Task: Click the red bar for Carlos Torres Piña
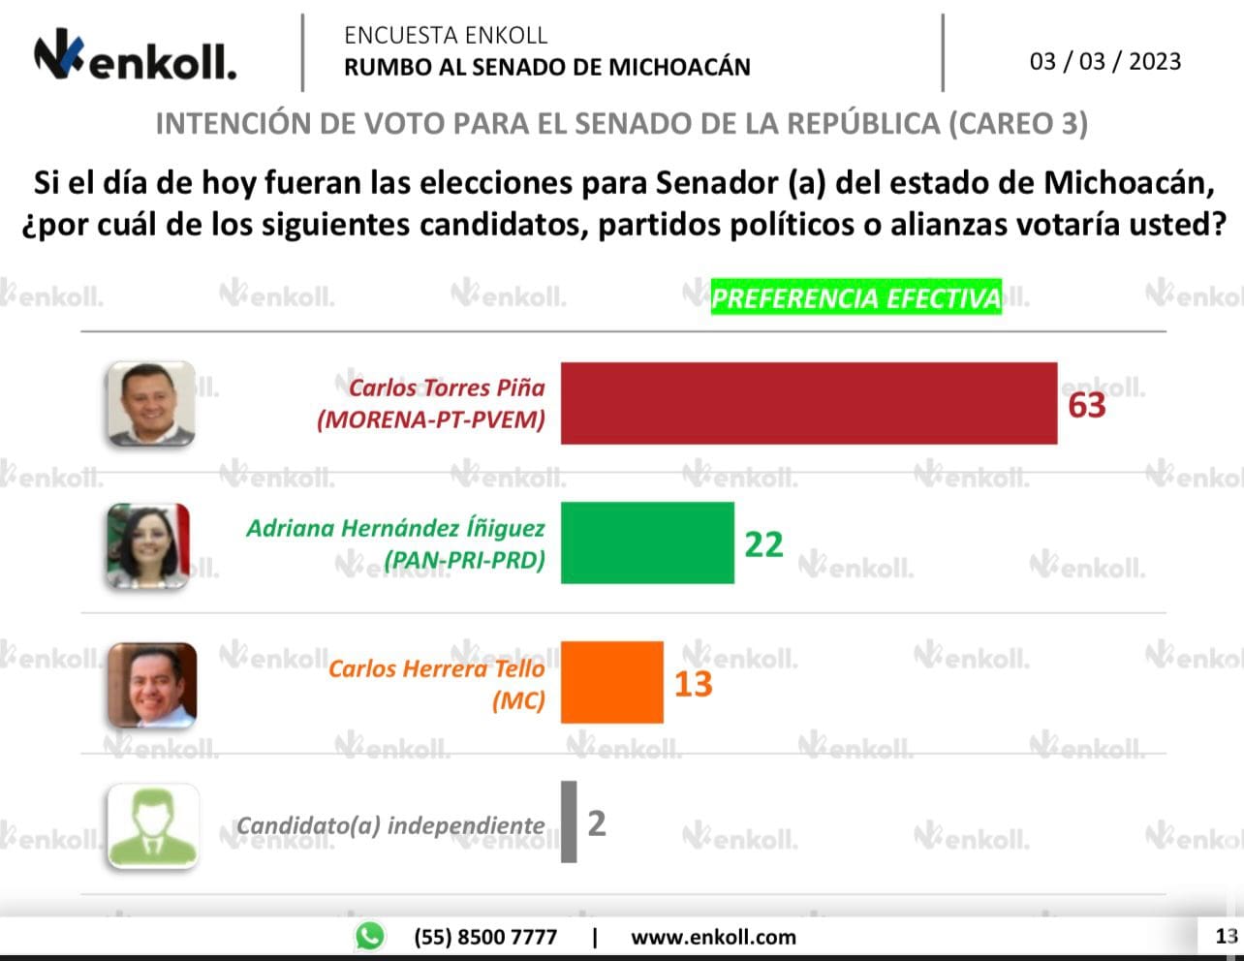coord(809,404)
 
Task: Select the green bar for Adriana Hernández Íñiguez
coord(647,542)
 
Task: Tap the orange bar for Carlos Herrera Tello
coord(612,682)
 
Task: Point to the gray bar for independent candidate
coord(569,821)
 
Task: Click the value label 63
coord(1086,405)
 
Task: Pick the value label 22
coord(763,544)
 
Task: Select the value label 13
coord(693,684)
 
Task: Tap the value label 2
coord(596,823)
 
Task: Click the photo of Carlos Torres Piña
coord(150,404)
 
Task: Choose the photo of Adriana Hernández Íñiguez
coord(148,545)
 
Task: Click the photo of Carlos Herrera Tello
coord(151,685)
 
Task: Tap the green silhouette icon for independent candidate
coord(153,824)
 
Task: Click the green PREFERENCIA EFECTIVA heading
coord(856,297)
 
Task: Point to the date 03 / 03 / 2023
coord(1105,61)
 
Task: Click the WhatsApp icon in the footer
coord(369,936)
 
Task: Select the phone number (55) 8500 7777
coord(485,937)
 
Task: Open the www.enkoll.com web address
coord(713,937)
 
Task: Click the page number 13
coord(1226,936)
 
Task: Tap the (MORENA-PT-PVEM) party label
coord(431,420)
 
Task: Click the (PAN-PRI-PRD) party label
coord(465,560)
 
